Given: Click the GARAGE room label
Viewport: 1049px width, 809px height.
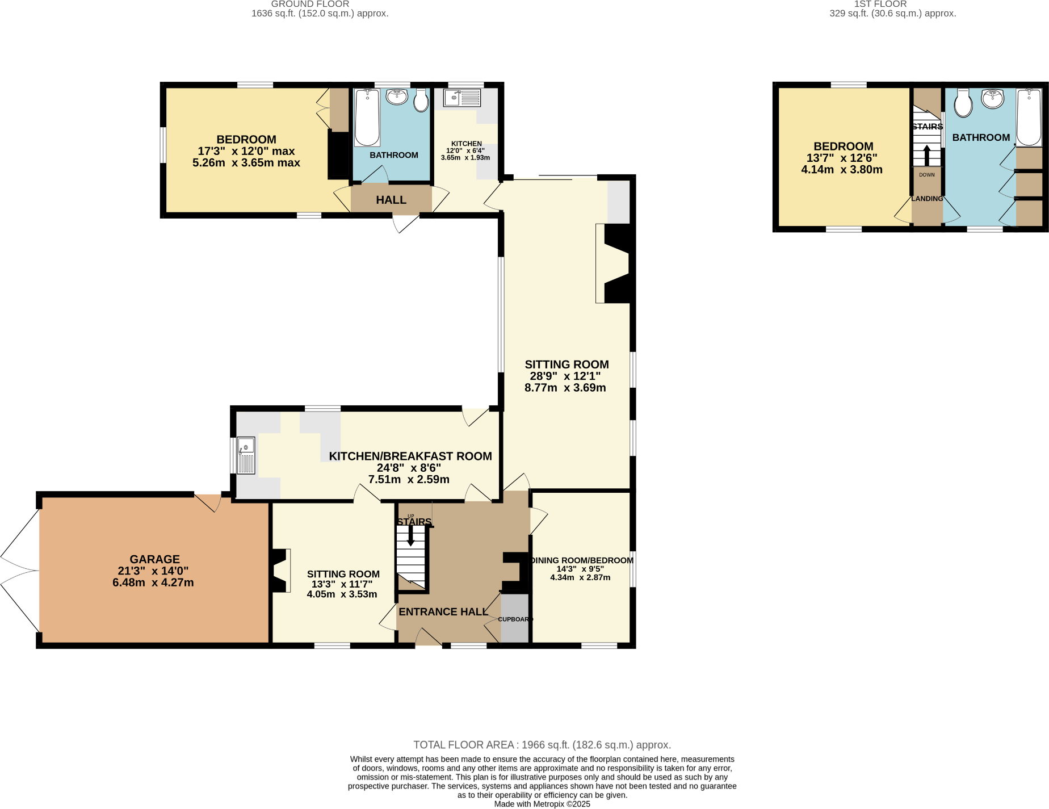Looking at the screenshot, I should point(154,559).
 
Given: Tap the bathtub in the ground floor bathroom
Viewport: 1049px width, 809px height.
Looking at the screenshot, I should point(367,118).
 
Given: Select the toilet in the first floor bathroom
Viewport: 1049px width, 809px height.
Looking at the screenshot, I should point(963,103).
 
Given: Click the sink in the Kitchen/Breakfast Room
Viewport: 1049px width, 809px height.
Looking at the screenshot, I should point(246,455).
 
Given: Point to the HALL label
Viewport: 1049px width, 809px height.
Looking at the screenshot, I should point(391,200).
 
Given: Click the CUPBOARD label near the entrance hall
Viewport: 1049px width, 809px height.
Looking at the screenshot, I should point(515,619).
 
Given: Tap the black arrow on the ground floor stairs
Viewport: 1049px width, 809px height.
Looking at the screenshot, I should point(411,536).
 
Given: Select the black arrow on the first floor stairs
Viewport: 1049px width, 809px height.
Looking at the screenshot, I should point(926,155).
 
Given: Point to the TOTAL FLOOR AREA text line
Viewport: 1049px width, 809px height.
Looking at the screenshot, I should point(542,745).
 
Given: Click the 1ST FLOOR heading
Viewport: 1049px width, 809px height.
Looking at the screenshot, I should point(880,4).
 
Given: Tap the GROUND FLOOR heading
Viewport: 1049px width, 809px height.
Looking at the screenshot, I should point(310,4).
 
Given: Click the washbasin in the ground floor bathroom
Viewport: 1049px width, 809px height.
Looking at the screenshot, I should point(397,97).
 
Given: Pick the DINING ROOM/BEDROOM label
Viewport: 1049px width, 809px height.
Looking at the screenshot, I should point(581,560).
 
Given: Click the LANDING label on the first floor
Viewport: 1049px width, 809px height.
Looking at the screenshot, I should point(927,199).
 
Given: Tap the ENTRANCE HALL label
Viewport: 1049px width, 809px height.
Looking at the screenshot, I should point(443,611).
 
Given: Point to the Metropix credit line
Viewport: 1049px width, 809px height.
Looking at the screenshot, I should point(542,804).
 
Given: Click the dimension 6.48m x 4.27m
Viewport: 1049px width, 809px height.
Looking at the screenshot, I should point(153,582).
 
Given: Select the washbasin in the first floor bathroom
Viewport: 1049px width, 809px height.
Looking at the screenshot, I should point(992,99).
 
